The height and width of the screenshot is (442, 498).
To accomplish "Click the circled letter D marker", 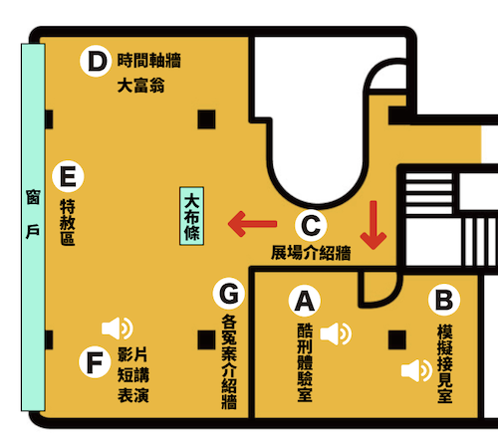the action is click(96, 61).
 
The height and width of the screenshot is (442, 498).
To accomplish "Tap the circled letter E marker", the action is click(68, 176).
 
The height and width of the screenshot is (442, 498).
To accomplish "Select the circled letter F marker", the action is click(95, 362).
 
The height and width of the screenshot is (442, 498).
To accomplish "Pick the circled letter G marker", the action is click(229, 294).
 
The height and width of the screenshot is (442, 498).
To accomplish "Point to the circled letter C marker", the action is click(311, 225).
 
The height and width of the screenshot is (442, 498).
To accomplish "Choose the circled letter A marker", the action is click(305, 301).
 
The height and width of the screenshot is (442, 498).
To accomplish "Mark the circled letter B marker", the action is click(444, 300).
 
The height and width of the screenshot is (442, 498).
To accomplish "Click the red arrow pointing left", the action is click(252, 224).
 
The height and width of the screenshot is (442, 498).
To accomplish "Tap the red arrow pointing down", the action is click(373, 225).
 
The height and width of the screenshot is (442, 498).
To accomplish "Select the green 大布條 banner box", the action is click(191, 216).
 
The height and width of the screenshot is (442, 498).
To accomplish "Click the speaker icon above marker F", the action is click(118, 329).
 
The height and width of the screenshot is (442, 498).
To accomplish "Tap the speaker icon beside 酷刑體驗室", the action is click(336, 333).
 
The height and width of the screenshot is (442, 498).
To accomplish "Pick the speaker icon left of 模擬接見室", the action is click(416, 370).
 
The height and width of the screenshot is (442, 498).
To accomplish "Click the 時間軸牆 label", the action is click(149, 61).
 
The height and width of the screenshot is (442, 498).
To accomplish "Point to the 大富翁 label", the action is click(141, 86).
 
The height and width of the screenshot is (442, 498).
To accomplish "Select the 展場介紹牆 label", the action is click(311, 253).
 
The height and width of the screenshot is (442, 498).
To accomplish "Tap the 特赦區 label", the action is click(68, 222).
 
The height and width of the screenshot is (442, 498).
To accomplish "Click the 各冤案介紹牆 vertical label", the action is click(229, 361).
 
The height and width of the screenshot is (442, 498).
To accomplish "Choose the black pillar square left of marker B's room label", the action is click(397, 339).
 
